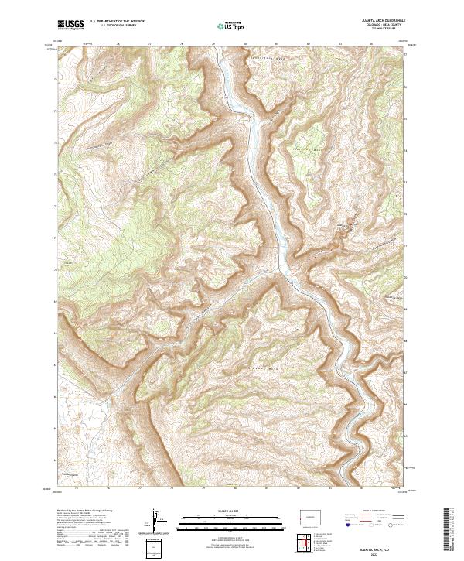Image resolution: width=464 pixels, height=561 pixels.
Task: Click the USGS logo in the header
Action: (x=70, y=26)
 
